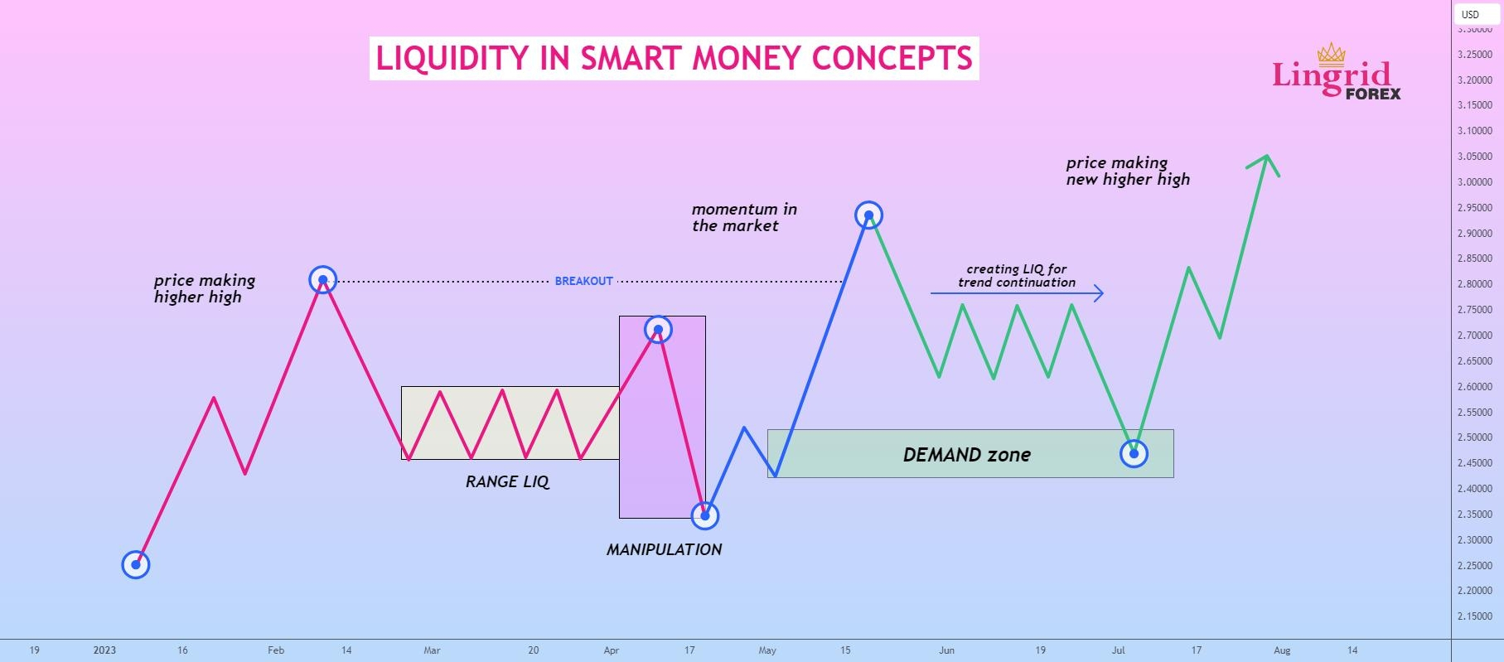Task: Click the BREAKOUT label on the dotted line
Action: tap(583, 281)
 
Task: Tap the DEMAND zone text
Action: tap(966, 454)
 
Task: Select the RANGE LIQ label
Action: tap(507, 481)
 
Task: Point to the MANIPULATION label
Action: tap(664, 549)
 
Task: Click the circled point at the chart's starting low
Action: tap(136, 565)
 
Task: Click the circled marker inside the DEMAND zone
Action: tap(1134, 453)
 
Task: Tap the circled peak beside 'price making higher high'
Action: tap(322, 280)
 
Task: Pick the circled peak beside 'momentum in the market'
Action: tap(868, 215)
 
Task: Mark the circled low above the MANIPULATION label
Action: tap(704, 515)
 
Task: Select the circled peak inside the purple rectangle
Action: tap(658, 330)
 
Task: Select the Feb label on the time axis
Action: tap(276, 650)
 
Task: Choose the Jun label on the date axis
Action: tap(947, 650)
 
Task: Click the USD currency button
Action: tap(1470, 14)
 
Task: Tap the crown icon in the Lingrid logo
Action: tap(1331, 54)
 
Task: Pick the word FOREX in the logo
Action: tap(1373, 94)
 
